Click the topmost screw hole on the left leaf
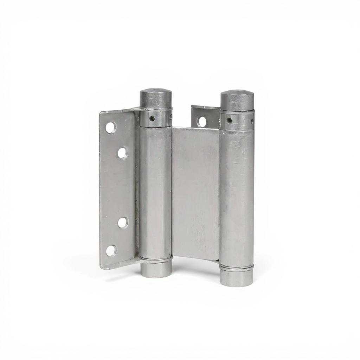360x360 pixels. pyautogui.click(x=110, y=128)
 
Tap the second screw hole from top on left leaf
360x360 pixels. pyautogui.click(x=122, y=153)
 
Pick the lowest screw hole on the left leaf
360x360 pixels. pyautogui.click(x=111, y=250)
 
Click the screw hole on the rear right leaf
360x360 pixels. pyautogui.click(x=202, y=122)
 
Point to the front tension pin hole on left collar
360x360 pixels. pyautogui.click(x=152, y=118)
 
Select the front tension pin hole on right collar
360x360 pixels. pyautogui.click(x=229, y=120)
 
